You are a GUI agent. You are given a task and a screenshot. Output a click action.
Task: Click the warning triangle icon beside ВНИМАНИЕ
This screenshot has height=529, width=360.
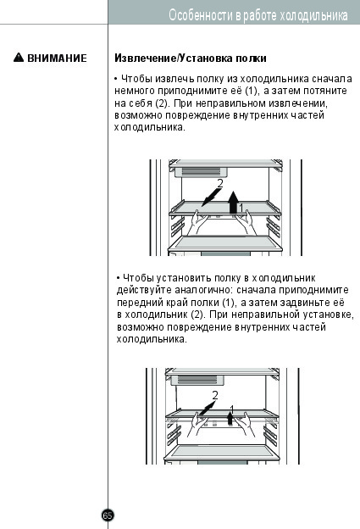click(x=19, y=58)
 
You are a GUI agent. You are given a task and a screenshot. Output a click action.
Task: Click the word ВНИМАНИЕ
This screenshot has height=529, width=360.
click(x=57, y=58)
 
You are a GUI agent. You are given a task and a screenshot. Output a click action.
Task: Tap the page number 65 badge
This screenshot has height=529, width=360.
click(x=108, y=515)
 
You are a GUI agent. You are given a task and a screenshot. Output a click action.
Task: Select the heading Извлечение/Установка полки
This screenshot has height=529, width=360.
click(x=191, y=58)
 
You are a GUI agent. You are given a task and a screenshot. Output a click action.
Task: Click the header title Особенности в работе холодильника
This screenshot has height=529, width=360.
click(x=258, y=15)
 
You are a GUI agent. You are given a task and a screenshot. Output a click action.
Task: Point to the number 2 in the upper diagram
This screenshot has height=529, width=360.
click(x=220, y=183)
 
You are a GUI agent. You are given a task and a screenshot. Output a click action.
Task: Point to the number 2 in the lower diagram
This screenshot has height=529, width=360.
click(x=215, y=395)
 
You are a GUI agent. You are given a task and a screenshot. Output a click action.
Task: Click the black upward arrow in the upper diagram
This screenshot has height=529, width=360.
click(x=233, y=203)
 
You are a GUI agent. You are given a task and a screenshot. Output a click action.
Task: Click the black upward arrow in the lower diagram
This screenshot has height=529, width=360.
click(x=230, y=418)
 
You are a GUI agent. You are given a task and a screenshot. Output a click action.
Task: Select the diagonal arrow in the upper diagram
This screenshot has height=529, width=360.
click(x=212, y=198)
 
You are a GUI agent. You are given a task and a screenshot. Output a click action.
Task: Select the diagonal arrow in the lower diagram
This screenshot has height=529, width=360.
click(x=208, y=408)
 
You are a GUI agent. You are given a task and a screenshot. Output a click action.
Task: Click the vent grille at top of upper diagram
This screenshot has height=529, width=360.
click(x=202, y=172)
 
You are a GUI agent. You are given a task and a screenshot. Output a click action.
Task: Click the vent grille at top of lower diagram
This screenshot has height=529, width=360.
click(x=197, y=380)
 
